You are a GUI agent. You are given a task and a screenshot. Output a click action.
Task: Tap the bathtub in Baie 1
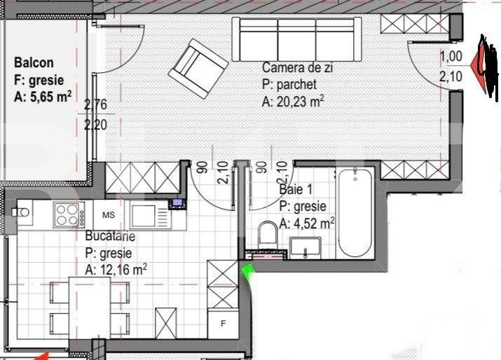point(357,214)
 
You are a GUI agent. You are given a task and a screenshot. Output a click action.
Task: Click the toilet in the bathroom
point(267,235)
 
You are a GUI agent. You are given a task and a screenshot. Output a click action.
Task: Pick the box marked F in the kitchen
point(223,324)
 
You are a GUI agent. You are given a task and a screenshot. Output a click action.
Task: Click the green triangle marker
point(247,272)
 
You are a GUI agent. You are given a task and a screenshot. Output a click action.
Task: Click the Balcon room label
point(34,63)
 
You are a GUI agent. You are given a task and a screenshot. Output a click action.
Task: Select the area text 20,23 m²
point(293,102)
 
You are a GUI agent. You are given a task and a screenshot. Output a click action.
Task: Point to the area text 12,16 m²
point(116,268)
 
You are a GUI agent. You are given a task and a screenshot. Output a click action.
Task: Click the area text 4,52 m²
point(307,223)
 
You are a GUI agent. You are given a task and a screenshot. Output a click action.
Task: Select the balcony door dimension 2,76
point(95,106)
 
